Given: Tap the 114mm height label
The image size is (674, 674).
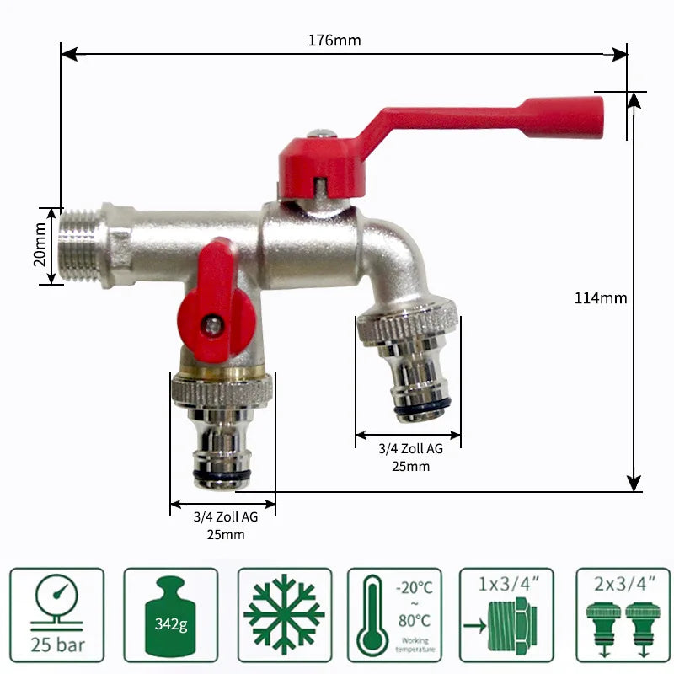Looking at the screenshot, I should [601, 297].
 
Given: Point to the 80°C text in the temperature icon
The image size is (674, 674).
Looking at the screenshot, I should [413, 621].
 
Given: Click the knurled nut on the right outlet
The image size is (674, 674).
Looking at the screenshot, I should [409, 324].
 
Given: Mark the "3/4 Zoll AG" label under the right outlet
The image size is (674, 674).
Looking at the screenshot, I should [410, 449].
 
